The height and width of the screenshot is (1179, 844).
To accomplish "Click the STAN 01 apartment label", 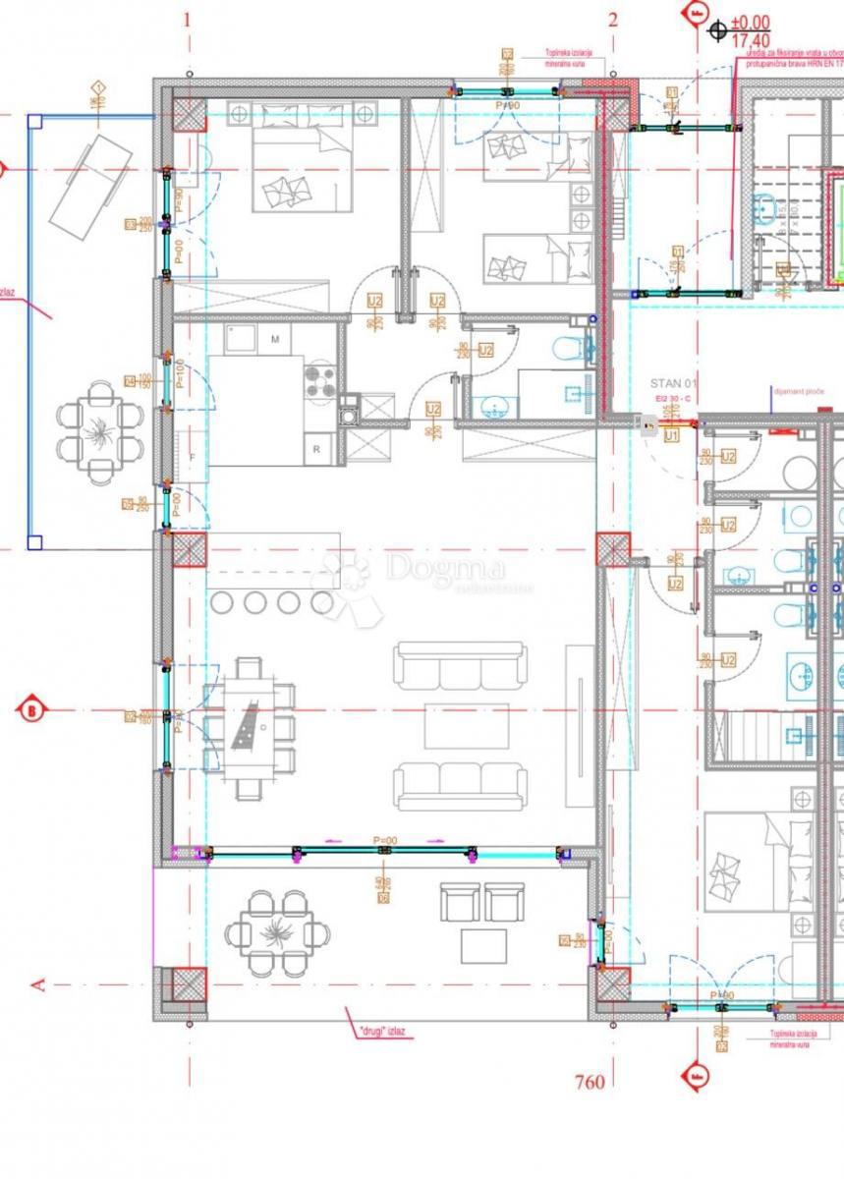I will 671,382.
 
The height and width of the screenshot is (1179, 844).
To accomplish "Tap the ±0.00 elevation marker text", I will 753,23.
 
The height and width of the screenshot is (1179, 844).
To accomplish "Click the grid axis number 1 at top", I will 188,19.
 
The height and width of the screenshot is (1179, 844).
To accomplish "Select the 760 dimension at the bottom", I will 589,1082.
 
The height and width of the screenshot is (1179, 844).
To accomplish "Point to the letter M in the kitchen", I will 275,340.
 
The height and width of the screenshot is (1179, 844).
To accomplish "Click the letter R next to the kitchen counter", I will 316,448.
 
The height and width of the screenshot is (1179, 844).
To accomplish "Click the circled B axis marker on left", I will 32,708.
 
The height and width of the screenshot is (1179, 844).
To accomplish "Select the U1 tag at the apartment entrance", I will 672,432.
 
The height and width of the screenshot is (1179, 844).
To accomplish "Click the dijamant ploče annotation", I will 797,391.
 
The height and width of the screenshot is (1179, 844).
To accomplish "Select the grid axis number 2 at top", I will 613,19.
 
